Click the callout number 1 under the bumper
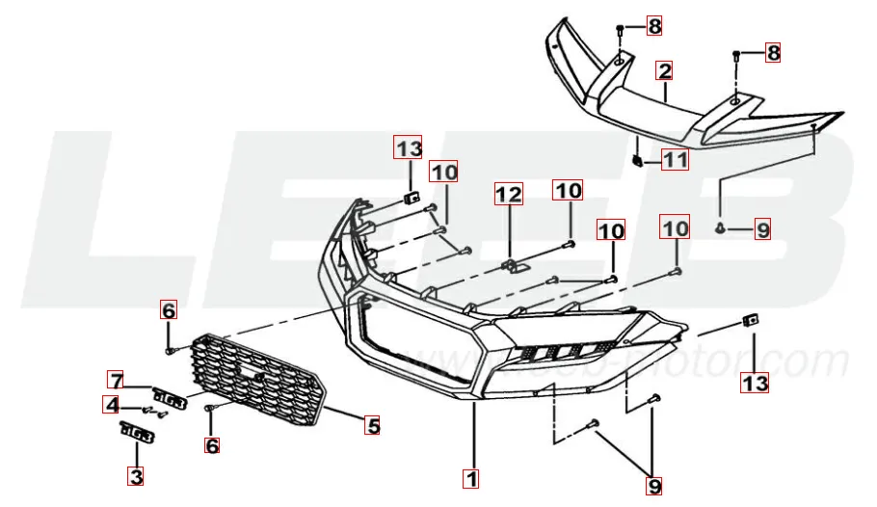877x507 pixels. tap(471, 478)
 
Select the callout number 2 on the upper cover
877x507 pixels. tap(664, 71)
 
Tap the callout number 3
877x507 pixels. tap(136, 476)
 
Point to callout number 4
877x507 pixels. tap(111, 405)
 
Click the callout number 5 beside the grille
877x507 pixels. tap(373, 426)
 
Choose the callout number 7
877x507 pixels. tap(116, 381)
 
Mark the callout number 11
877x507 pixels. tap(675, 160)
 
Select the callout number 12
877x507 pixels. tap(509, 194)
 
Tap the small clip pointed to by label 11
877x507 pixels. tap(636, 162)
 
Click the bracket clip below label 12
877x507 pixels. tap(514, 266)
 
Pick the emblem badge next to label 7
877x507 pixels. tap(170, 396)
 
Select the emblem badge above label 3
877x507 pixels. tap(137, 432)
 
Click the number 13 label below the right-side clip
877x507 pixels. tap(755, 384)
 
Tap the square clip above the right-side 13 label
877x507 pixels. tap(751, 321)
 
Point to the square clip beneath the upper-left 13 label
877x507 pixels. tap(412, 198)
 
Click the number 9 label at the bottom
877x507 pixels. tap(653, 486)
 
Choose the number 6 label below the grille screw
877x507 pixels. tap(211, 445)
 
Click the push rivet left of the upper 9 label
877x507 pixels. tap(721, 227)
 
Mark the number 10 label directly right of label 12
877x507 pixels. tap(568, 190)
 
